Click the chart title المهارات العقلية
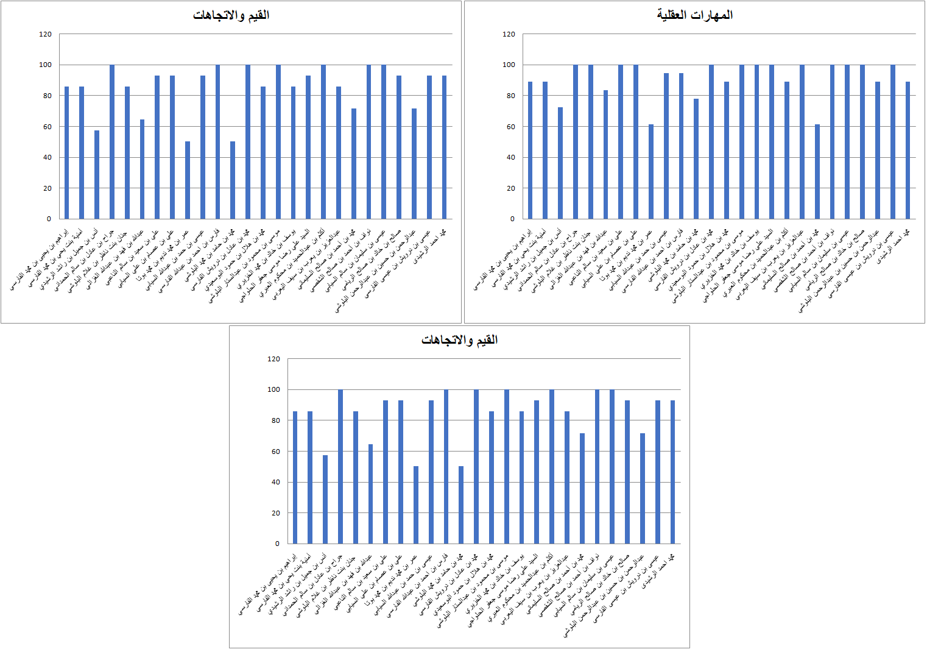(x=694, y=15)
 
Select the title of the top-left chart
(x=231, y=15)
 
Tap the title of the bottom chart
(x=459, y=340)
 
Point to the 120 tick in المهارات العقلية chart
(x=509, y=34)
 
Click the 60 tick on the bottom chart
(x=273, y=452)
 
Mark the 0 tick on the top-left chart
(x=49, y=219)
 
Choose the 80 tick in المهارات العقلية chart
(x=510, y=96)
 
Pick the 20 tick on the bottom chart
(x=273, y=513)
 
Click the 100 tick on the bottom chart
(x=273, y=389)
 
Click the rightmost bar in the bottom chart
(x=672, y=472)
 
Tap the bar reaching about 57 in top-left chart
(x=97, y=175)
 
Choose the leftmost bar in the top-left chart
(x=66, y=152)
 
